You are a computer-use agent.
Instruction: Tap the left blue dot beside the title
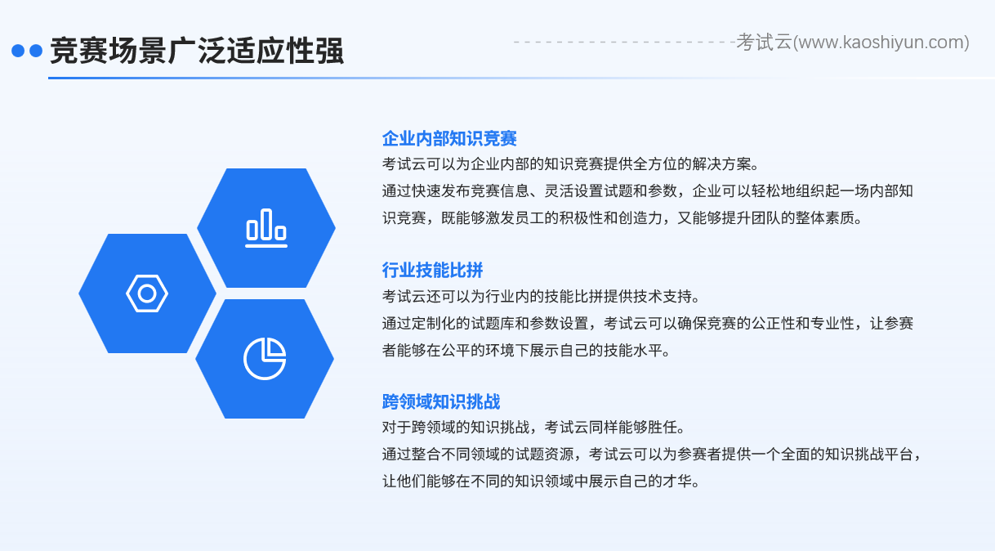(x=18, y=51)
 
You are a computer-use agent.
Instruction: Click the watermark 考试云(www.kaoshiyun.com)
(x=853, y=43)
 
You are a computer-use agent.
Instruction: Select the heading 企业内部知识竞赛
(x=449, y=139)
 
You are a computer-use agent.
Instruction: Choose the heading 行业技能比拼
(x=433, y=270)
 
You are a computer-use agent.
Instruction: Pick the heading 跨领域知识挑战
(x=441, y=401)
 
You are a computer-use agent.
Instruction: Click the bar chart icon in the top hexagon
(x=266, y=228)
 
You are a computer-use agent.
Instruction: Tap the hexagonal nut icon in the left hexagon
(x=147, y=293)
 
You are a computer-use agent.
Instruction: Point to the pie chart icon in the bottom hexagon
(x=265, y=359)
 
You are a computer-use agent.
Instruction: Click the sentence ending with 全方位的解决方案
(x=571, y=164)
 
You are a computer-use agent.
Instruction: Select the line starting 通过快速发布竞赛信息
(x=648, y=191)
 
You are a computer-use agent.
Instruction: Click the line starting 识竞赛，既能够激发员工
(x=622, y=218)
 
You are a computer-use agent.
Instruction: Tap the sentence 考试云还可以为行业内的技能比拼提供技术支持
(x=542, y=297)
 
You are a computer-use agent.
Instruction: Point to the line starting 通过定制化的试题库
(x=648, y=324)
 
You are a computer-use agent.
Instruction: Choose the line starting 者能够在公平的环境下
(x=526, y=351)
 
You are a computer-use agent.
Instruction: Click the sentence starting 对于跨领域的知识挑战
(x=534, y=428)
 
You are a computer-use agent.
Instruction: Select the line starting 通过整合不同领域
(x=652, y=455)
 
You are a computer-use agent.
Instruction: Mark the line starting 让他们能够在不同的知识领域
(x=542, y=482)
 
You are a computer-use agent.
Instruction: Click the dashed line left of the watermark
(x=625, y=43)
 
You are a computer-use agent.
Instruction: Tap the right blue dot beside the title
(x=36, y=51)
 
